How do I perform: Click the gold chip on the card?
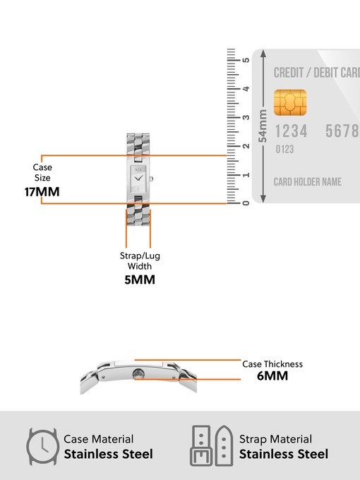tap(290, 102)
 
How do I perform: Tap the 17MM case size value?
tap(42, 192)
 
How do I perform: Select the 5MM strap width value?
tap(140, 280)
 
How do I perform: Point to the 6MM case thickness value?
tap(272, 376)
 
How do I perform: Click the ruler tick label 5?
tap(246, 60)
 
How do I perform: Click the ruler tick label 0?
tap(246, 203)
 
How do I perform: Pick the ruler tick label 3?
tap(246, 117)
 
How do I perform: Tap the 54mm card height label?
tap(263, 126)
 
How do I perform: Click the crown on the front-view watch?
tap(151, 179)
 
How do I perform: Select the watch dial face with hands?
tap(138, 179)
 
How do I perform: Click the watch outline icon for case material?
tap(42, 447)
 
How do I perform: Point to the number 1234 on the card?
tap(291, 131)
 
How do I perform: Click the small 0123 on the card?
tap(284, 150)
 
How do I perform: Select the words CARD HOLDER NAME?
tap(307, 182)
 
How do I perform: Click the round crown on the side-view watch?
tap(138, 374)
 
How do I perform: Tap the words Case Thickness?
tap(272, 364)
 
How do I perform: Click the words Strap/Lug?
tap(140, 256)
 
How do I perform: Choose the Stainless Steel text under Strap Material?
tap(284, 454)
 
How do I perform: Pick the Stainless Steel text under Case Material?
tap(109, 454)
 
